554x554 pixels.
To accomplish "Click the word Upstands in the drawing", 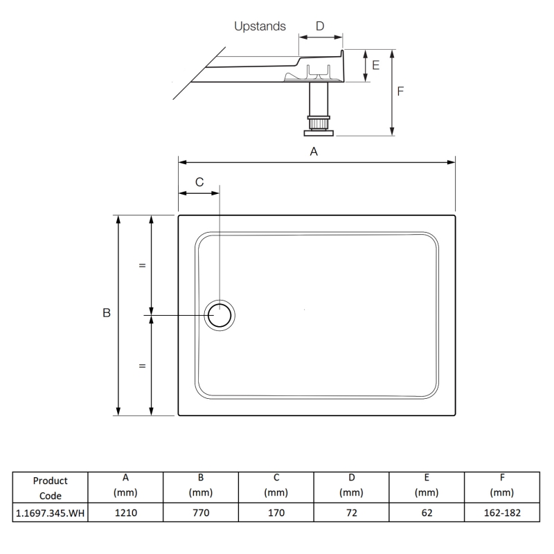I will [x=260, y=26].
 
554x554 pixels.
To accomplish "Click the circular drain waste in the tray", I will [x=220, y=316].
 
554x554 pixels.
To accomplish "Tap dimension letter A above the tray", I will [x=314, y=151].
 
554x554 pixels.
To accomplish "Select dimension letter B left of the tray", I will [x=107, y=313].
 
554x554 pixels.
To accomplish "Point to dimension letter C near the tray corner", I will [x=199, y=182].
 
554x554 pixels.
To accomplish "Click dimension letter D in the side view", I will [x=320, y=26].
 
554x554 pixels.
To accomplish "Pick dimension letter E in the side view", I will [x=376, y=65].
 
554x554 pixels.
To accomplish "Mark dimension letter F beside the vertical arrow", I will [x=401, y=91].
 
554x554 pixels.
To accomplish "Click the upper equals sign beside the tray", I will [x=142, y=265].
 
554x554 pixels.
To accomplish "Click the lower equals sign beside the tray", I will [x=142, y=366].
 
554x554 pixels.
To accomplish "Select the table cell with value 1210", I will [x=125, y=512].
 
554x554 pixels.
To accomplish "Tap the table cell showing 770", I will [x=200, y=512].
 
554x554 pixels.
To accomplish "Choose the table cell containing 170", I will [x=276, y=512].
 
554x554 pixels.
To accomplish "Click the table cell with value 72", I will [x=351, y=512].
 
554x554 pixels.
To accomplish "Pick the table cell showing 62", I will [x=427, y=512].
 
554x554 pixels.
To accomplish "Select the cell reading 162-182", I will [x=501, y=512].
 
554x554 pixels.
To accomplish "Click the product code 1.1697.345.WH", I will [x=50, y=512].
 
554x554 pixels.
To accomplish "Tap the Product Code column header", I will [x=50, y=488].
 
